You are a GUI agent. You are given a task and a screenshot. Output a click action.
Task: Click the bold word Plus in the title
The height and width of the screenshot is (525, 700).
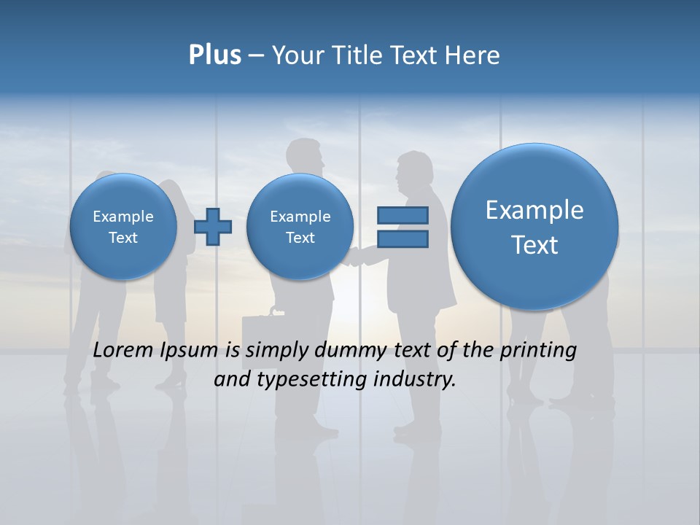(x=214, y=55)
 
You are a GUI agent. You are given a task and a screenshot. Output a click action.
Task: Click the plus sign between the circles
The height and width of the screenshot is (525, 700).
(x=213, y=227)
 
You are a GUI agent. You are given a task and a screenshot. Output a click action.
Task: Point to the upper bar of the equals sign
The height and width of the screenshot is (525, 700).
(x=402, y=215)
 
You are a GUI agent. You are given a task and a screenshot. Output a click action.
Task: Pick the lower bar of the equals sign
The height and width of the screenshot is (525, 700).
(x=402, y=238)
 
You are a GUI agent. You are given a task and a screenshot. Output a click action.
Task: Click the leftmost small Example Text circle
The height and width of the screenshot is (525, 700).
(x=123, y=227)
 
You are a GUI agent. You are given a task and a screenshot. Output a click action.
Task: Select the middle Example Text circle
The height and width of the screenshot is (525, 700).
(x=300, y=227)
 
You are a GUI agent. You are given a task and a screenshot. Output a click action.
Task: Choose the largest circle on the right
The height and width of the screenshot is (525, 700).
(x=534, y=227)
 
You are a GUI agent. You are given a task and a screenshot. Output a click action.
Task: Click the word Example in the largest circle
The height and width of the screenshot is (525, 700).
(x=534, y=210)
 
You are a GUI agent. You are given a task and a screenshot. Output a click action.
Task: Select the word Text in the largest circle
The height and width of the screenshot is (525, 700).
(x=534, y=245)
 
